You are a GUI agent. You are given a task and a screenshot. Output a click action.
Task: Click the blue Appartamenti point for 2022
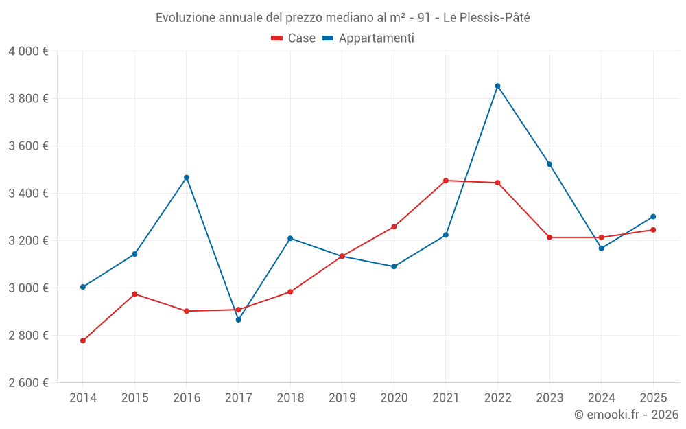(x=497, y=86)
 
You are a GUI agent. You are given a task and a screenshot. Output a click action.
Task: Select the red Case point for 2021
(x=446, y=181)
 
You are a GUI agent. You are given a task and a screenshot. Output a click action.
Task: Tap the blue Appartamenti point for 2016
(x=187, y=177)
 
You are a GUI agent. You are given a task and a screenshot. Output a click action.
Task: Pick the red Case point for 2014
(x=83, y=340)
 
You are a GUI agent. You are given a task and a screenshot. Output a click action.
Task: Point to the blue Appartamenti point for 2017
(x=238, y=320)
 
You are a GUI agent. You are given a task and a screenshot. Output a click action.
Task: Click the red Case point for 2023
(x=549, y=237)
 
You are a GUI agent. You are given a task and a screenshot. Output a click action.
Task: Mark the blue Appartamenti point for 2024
(x=602, y=248)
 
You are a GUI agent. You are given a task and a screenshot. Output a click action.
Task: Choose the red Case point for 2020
(x=394, y=227)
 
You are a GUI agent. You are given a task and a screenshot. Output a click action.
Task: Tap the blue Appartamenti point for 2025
(x=653, y=216)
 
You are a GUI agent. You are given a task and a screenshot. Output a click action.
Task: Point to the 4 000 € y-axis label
(x=28, y=51)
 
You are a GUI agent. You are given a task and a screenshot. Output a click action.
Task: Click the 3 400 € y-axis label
(x=28, y=194)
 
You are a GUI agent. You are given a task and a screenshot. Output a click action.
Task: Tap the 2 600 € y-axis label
(x=28, y=383)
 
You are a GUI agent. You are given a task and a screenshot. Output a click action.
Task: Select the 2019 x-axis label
(x=342, y=397)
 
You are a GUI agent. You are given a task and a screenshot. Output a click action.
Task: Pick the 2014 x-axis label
(x=83, y=397)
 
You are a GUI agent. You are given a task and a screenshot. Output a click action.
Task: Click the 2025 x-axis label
(x=653, y=397)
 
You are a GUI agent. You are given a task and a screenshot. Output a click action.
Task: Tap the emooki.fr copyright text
(x=626, y=415)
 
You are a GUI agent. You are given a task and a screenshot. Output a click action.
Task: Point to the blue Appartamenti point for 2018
(x=290, y=238)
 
